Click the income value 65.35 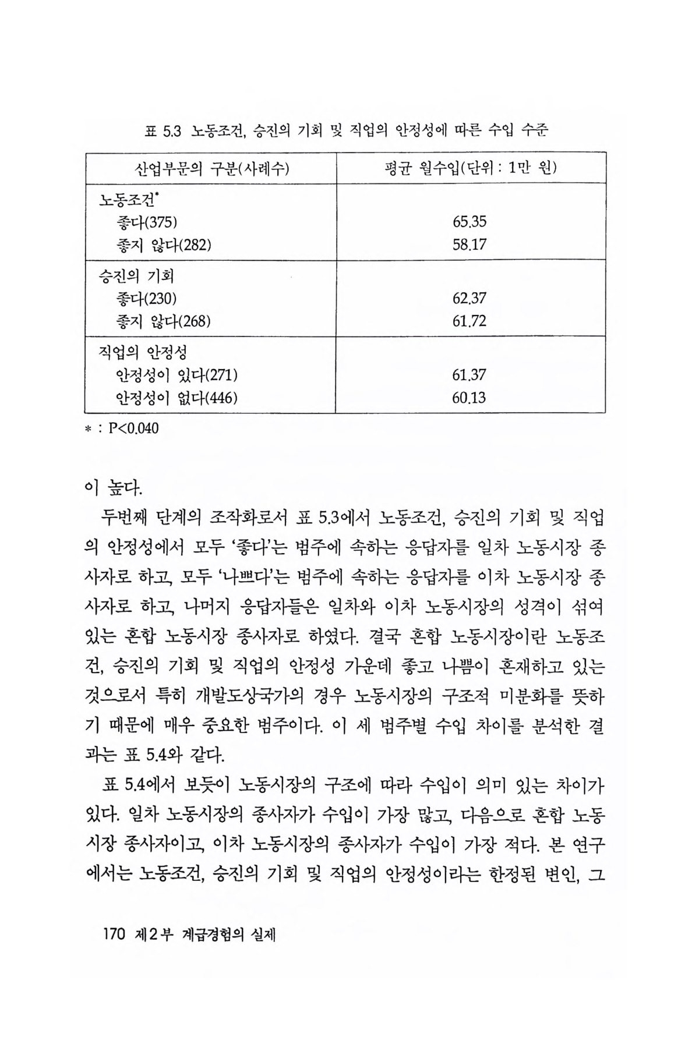coord(469,222)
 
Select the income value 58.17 coord(469,245)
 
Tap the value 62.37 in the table coord(469,299)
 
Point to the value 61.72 coord(469,321)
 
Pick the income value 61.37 coord(469,376)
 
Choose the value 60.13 coord(469,398)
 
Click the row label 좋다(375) coord(146,222)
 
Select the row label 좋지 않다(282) coord(164,245)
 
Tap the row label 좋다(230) coord(146,299)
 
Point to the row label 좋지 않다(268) coord(164,321)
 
